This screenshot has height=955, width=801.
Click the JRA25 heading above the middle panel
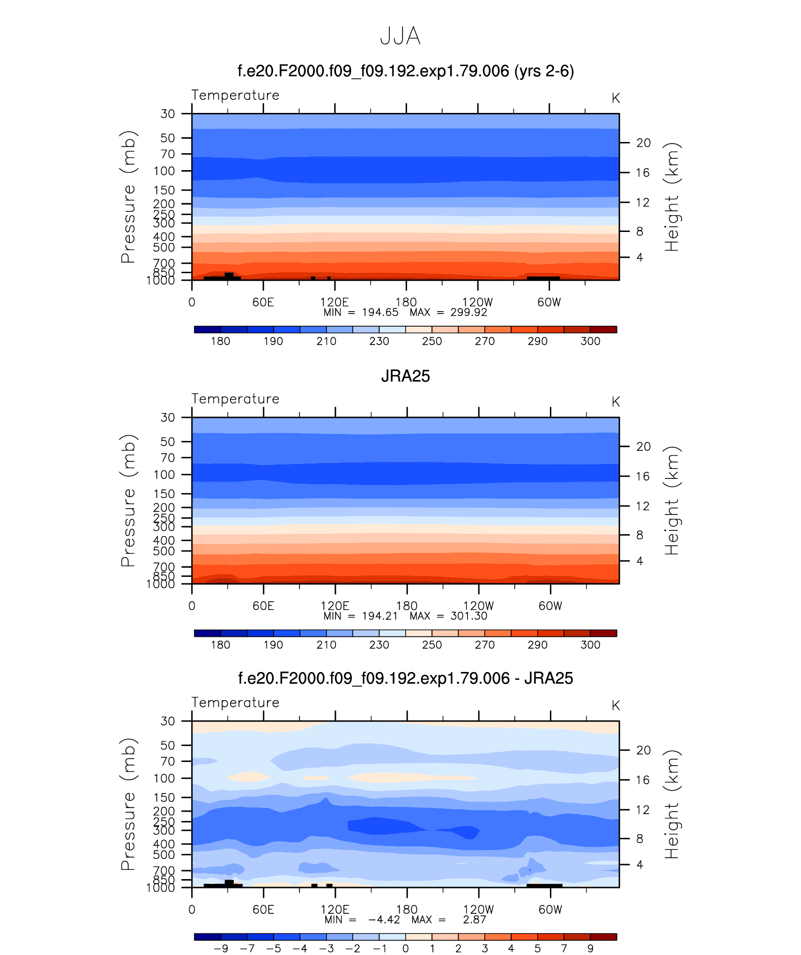pos(405,376)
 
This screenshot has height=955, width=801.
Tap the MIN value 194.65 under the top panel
pos(380,313)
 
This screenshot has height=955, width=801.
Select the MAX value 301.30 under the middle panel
pos(468,616)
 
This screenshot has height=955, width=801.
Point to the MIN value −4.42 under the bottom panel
pos(384,920)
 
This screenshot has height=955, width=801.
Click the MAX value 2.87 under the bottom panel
pos(475,920)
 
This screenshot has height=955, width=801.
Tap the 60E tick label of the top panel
pos(263,302)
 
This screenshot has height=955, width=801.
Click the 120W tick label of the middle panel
pos(478,606)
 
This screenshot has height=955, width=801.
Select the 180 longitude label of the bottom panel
pos(407,910)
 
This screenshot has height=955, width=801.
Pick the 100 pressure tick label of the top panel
pos(164,171)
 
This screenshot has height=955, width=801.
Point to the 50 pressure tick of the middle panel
pos(167,441)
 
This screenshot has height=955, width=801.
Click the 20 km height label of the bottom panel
pos(643,750)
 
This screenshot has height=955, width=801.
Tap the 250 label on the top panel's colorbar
pos(432,341)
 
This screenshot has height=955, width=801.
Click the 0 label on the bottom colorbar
pos(406,948)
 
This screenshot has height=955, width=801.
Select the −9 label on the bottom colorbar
pos(221,948)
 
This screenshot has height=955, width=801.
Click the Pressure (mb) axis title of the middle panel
pos(128,500)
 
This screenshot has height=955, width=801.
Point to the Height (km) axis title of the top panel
pos(672,197)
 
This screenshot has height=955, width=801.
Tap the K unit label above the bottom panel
pos(616,706)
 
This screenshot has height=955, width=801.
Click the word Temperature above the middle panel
pos(235,399)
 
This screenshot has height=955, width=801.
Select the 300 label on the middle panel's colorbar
pos(590,645)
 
